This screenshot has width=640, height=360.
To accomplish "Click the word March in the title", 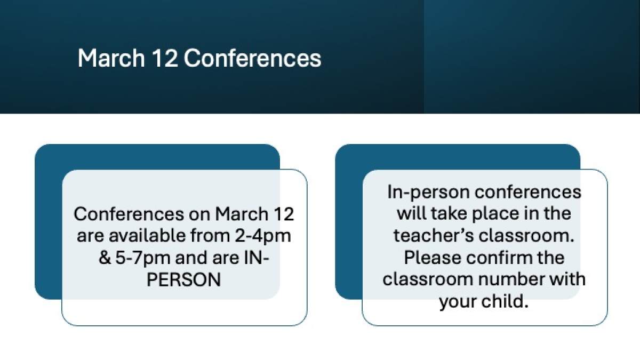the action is (111, 58).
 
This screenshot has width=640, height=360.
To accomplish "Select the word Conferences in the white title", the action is (253, 58).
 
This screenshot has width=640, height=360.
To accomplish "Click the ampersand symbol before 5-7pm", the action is (105, 258).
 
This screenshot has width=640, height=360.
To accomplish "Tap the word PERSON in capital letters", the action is (183, 280).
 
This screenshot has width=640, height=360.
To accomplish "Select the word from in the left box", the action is (210, 236).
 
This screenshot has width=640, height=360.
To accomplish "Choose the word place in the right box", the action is (495, 214).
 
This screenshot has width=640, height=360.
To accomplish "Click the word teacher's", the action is (433, 236).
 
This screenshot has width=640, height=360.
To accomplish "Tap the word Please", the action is (433, 258).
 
